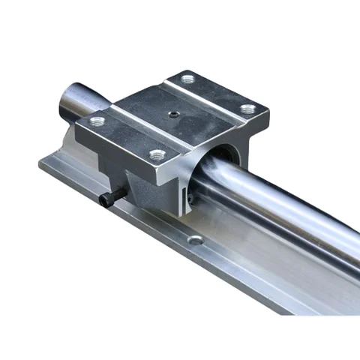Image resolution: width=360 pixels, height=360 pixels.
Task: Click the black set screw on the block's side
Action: pyautogui.click(x=107, y=198)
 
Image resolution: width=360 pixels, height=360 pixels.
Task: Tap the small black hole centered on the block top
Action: pyautogui.click(x=173, y=115)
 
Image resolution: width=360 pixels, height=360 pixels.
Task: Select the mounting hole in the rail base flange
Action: pyautogui.click(x=196, y=240)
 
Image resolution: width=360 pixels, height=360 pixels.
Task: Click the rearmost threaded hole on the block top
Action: pyautogui.click(x=187, y=79)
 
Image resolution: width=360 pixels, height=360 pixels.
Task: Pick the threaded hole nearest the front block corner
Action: pyautogui.click(x=157, y=154)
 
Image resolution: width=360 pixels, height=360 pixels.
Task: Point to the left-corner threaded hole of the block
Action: pyautogui.click(x=96, y=120)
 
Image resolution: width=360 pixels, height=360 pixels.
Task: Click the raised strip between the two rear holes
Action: pyautogui.click(x=217, y=94)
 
